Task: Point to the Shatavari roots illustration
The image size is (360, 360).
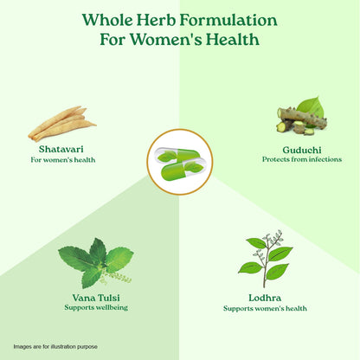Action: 61,123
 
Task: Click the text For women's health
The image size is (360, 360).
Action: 62,159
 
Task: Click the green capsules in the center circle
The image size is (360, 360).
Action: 180,160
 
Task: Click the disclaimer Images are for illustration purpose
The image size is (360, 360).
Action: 55,346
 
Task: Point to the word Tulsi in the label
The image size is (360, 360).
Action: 107,297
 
